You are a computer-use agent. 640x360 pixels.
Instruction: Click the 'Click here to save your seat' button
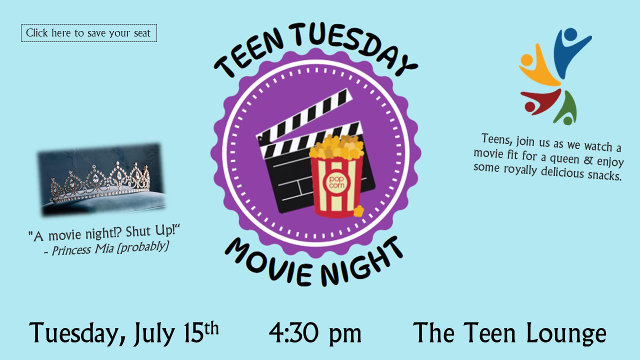(x=89, y=33)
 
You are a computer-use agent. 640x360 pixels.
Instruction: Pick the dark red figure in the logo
(x=540, y=102)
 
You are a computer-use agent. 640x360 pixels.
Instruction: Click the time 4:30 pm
(x=315, y=333)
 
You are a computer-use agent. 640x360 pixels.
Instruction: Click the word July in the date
(x=154, y=334)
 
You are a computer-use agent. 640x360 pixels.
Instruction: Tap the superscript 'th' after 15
(x=211, y=328)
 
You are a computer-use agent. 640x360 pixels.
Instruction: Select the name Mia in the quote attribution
(x=104, y=249)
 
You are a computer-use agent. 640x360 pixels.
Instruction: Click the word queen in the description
(x=565, y=159)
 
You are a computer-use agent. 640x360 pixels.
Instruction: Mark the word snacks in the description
(x=604, y=175)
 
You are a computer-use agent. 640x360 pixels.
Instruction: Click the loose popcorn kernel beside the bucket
(x=358, y=211)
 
